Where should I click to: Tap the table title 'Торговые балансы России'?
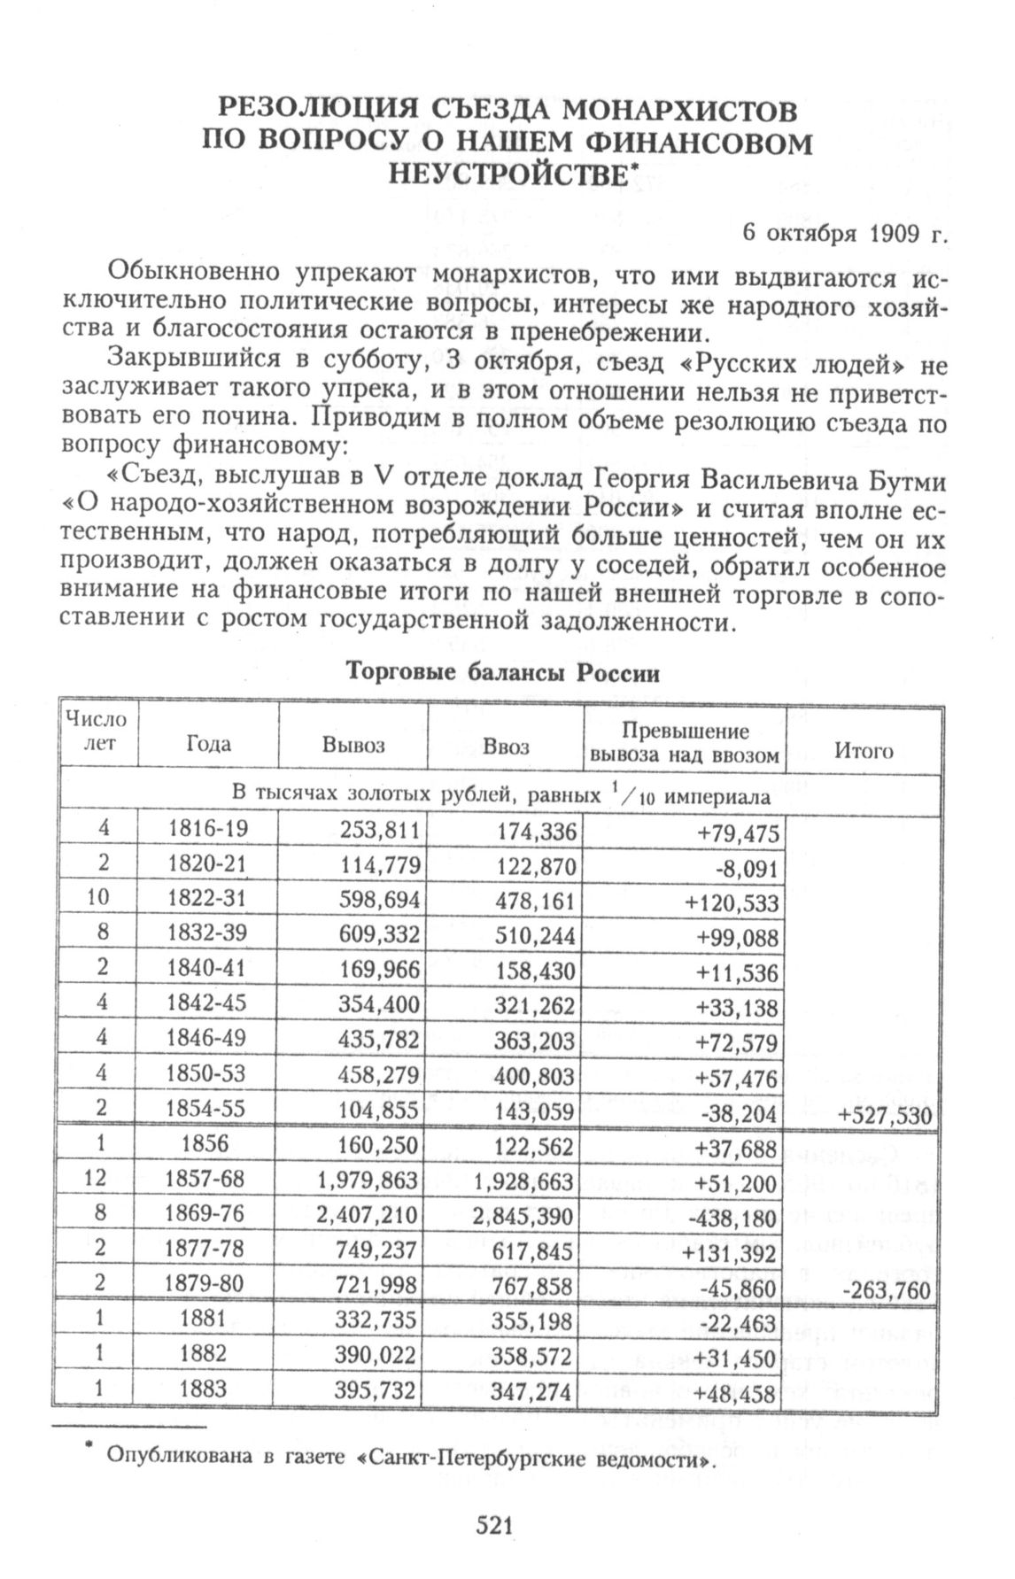click(502, 673)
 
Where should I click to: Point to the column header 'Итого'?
click(863, 751)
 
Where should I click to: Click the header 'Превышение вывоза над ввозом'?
click(685, 743)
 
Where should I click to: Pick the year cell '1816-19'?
click(208, 829)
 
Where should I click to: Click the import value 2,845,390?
click(523, 1216)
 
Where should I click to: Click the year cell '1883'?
click(203, 1389)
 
